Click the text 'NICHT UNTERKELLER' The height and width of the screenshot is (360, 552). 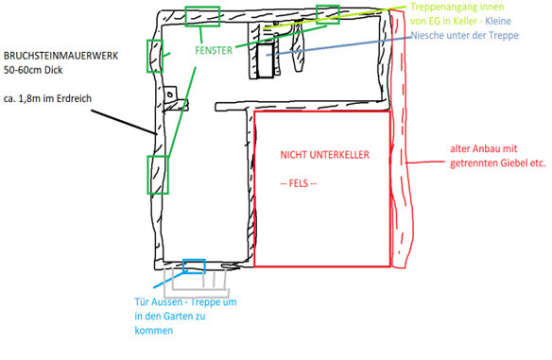323,154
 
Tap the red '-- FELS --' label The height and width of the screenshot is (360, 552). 304,182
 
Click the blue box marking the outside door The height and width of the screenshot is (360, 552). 194,265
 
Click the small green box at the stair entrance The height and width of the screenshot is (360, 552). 327,13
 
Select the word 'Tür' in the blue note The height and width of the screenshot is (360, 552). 143,302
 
